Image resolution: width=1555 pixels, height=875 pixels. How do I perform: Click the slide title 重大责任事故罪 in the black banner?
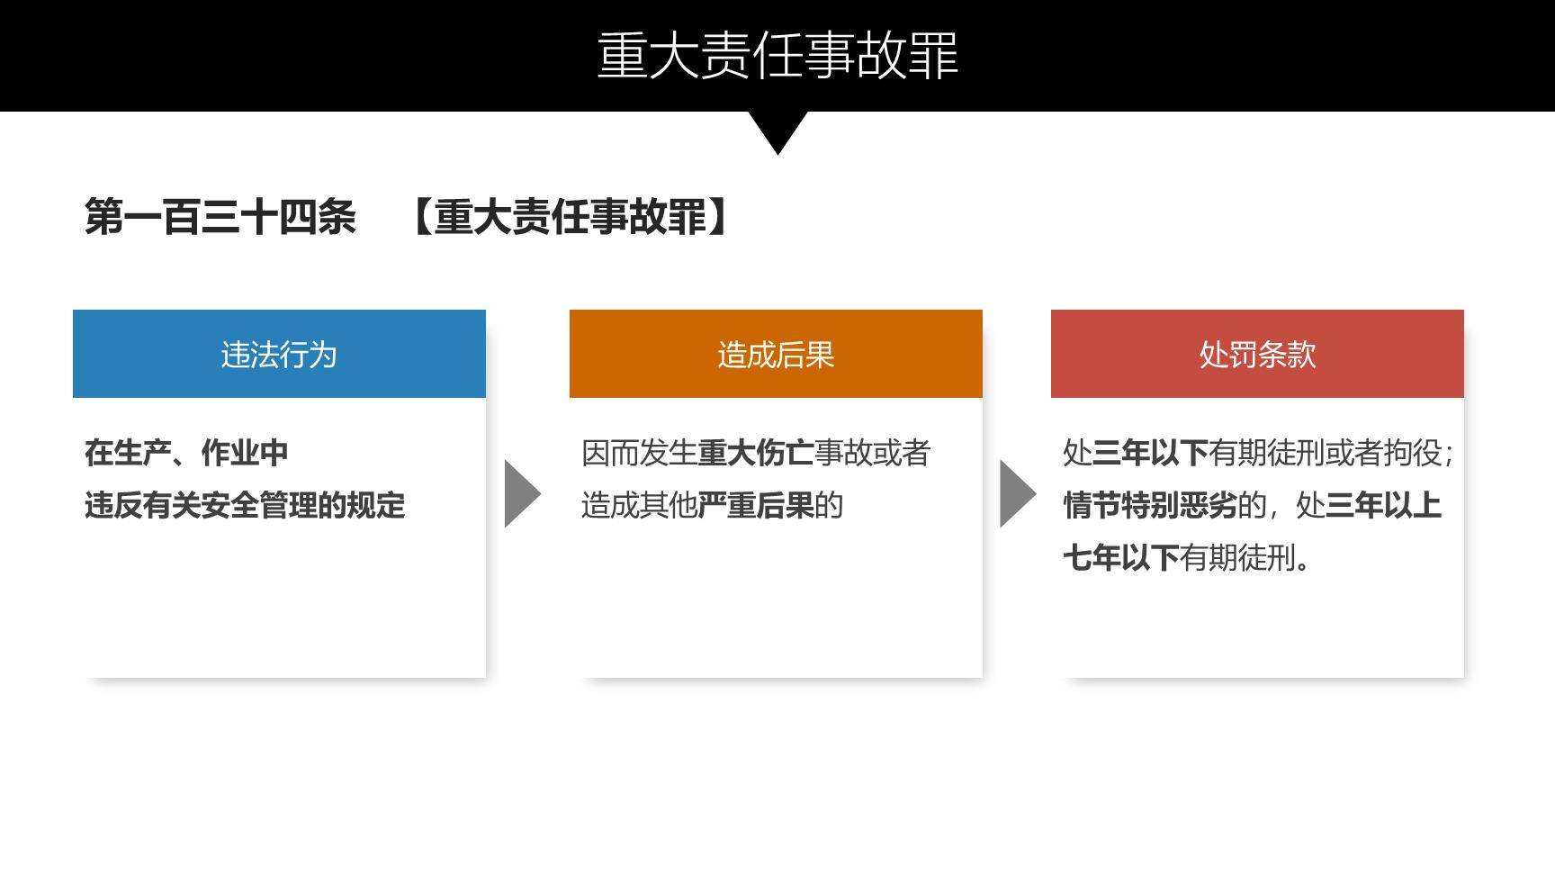point(777,55)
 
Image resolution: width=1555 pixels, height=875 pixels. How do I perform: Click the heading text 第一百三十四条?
point(220,217)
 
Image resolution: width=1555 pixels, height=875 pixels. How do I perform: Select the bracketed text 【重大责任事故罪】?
point(570,217)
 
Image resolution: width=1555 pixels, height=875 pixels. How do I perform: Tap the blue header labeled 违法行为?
point(279,354)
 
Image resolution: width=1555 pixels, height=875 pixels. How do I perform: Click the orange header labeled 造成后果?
point(776,354)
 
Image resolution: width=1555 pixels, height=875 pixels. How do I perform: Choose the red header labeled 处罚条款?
point(1257,354)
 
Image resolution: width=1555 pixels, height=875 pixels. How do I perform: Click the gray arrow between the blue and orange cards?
point(522,493)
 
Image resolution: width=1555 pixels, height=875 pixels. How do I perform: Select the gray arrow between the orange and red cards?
point(1018,493)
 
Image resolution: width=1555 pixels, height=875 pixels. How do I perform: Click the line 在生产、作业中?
point(186,453)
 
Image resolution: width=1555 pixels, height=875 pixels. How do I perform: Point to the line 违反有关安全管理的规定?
point(245,506)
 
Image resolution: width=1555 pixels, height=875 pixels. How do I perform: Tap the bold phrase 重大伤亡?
point(756,453)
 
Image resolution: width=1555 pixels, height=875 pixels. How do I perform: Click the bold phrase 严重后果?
point(756,506)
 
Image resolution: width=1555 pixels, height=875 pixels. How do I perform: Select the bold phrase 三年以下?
point(1150,453)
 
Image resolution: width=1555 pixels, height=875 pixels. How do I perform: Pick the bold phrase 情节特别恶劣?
point(1150,506)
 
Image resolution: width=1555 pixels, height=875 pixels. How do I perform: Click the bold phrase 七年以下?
point(1121,558)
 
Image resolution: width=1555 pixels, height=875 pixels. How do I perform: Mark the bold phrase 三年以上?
point(1383,506)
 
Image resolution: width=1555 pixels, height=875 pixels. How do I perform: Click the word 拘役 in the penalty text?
point(1412,453)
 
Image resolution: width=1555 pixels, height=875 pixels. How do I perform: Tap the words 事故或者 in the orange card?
point(872,453)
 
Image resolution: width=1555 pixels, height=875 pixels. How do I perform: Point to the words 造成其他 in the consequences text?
point(640,506)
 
